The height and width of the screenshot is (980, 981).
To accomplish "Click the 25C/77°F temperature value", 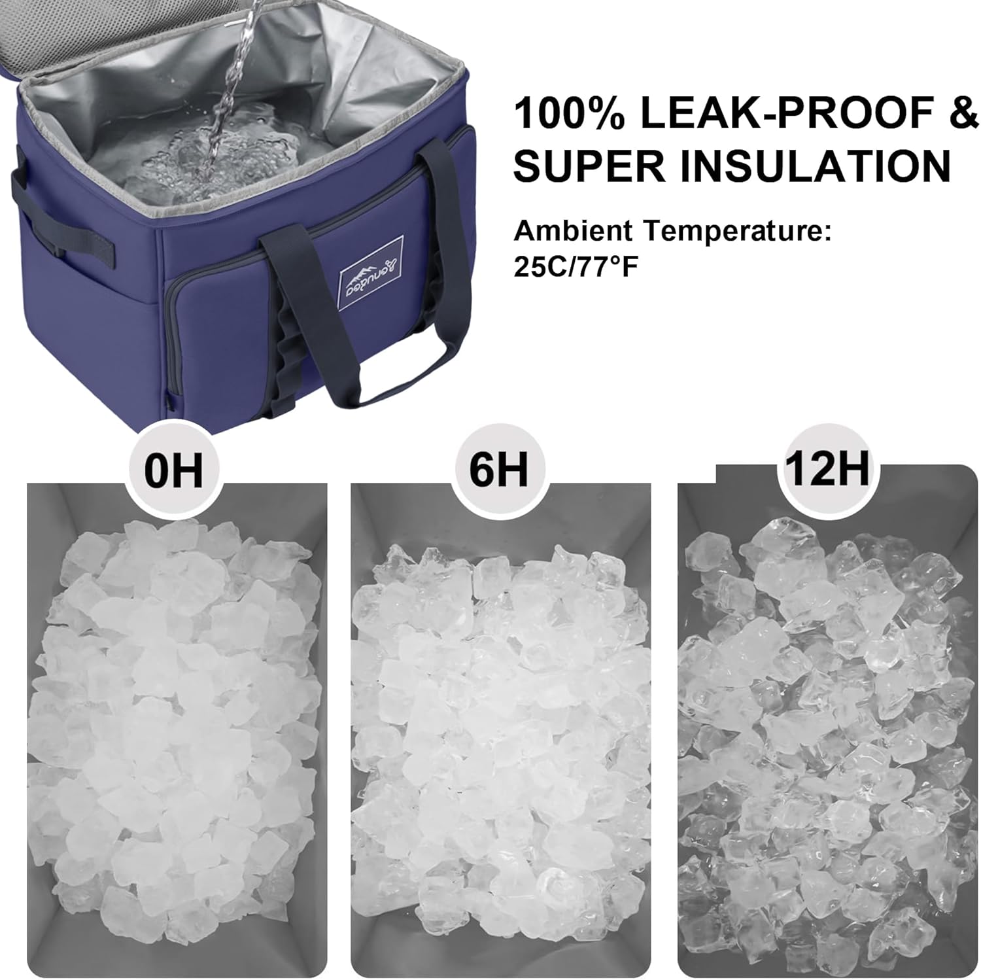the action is tap(576, 268).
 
